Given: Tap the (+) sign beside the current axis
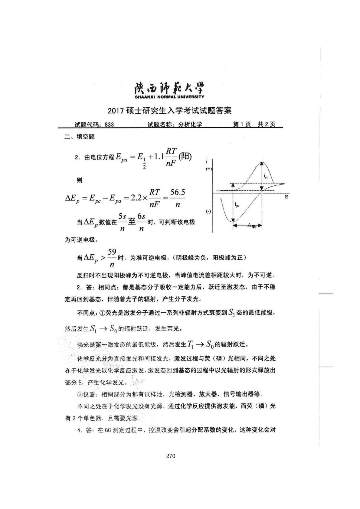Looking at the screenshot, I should (x=209, y=169).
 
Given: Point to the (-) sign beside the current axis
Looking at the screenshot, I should (x=208, y=212).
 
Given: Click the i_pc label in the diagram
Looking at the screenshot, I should (x=266, y=176).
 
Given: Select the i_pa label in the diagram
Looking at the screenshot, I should (x=237, y=205).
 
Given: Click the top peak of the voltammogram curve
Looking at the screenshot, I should (x=261, y=163).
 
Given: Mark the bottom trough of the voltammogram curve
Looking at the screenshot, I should (x=233, y=222).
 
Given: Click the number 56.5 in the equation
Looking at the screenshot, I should (x=178, y=193).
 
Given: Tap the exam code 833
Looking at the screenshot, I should (x=109, y=125).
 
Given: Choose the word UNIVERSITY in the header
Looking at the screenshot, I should (x=191, y=97).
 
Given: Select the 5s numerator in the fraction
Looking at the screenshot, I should (x=122, y=217).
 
